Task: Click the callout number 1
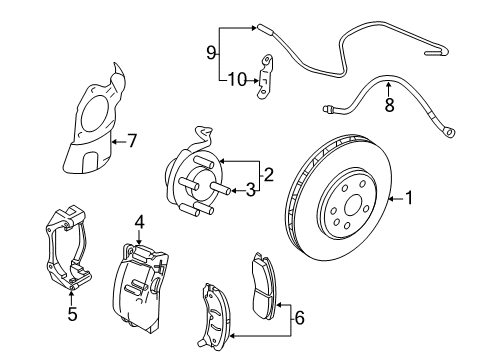click(x=408, y=198)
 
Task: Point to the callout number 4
click(x=141, y=224)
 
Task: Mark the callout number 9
click(x=211, y=51)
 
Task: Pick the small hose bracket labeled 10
click(x=265, y=78)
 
